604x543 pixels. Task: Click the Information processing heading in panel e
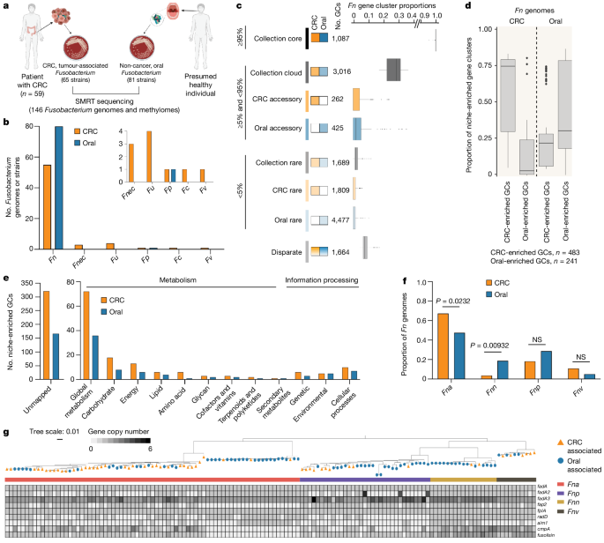(321, 280)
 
